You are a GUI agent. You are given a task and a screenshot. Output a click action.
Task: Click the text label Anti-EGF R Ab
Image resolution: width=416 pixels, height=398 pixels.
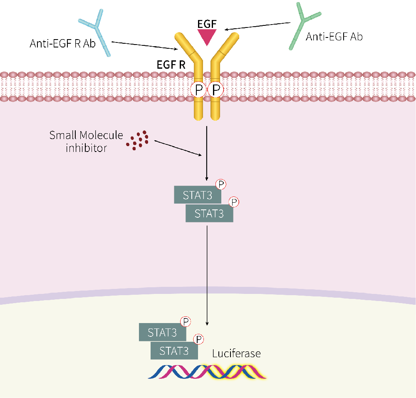point(62,44)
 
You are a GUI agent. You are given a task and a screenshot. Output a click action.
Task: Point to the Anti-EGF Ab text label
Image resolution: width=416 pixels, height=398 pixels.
point(334,37)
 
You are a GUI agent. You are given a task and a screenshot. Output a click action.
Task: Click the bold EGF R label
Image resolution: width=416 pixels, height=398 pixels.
point(171,65)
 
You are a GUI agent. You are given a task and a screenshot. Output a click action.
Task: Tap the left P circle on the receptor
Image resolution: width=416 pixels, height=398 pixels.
point(198,90)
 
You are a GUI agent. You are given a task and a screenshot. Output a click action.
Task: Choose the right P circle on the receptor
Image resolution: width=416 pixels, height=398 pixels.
point(215,90)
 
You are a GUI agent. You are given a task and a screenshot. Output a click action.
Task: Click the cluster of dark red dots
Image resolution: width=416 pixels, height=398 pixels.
point(138,140)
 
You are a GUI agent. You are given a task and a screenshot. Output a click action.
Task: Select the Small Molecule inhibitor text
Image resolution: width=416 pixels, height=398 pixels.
point(87,141)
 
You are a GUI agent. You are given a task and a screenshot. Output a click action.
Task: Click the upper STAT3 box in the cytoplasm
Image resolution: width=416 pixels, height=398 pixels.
point(198,195)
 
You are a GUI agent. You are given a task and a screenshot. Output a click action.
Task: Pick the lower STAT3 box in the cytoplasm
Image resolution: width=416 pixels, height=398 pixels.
point(209,214)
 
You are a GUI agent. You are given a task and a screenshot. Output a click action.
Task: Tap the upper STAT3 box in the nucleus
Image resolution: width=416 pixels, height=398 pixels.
point(162,333)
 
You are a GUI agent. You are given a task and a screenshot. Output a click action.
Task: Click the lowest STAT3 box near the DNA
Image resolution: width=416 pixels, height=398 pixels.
point(174,351)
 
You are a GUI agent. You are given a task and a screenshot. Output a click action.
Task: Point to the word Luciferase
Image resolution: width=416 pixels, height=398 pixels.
point(236,354)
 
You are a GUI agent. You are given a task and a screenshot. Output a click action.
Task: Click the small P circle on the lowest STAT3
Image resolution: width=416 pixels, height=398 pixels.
point(199,339)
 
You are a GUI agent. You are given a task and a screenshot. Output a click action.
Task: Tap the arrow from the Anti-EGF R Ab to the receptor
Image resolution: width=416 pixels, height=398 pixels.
point(146,45)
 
